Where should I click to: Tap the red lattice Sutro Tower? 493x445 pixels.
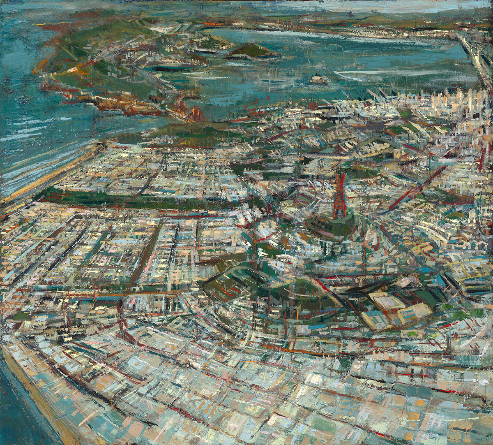pyautogui.click(x=340, y=196)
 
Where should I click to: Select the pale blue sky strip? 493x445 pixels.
pyautogui.click(x=370, y=5)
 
